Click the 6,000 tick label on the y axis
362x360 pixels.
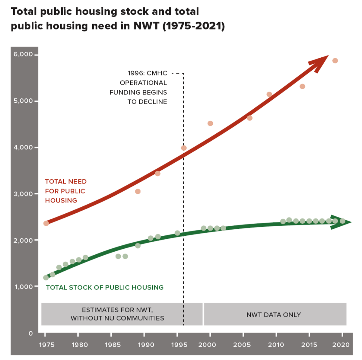(23, 54)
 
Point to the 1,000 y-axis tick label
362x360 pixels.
(24, 286)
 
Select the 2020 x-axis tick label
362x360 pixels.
(341, 345)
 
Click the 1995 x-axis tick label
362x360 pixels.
(179, 345)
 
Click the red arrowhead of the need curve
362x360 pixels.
(320, 62)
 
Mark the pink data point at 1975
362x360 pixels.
(46, 223)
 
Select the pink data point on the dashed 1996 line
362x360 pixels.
(184, 148)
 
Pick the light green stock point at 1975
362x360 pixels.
(46, 278)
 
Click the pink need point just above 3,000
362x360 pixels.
(138, 191)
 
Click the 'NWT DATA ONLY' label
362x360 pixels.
(274, 315)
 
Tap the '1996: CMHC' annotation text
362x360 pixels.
(147, 73)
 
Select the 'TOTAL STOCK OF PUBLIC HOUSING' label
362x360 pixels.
(105, 287)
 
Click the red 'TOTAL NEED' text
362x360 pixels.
(66, 181)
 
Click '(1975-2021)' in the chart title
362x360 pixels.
(194, 26)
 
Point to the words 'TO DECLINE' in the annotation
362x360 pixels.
(147, 102)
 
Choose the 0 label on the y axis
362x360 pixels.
(30, 333)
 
